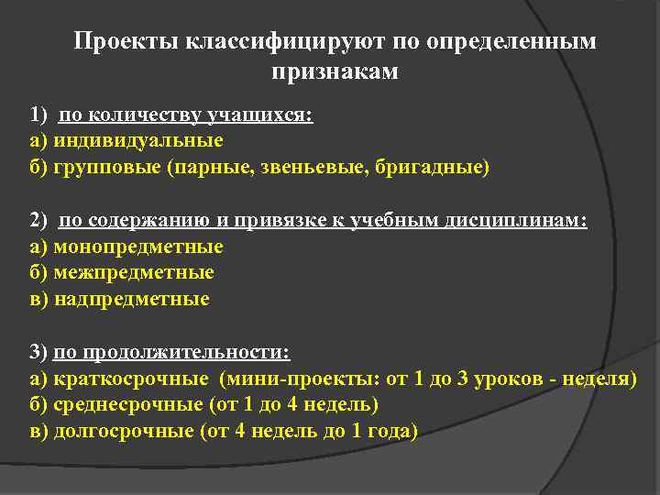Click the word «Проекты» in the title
tap(126, 42)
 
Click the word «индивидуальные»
tap(138, 141)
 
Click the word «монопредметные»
tap(138, 247)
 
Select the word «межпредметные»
tap(134, 272)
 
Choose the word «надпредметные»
tap(132, 299)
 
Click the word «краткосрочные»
tap(132, 379)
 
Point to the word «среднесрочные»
tap(134, 404)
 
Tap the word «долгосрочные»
tap(125, 431)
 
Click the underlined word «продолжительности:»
tap(188, 352)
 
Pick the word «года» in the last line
tap(390, 431)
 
